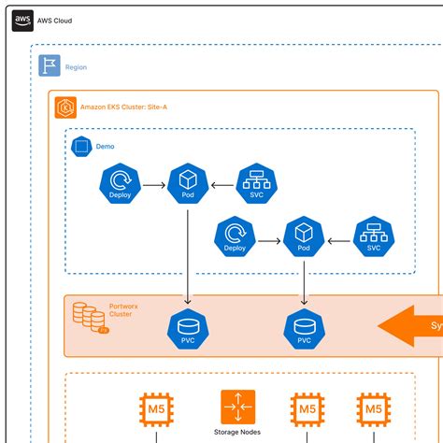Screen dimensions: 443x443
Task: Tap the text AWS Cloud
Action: coord(57,20)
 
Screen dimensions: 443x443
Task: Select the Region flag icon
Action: coord(50,66)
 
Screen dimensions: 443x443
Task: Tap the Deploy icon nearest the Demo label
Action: coord(119,185)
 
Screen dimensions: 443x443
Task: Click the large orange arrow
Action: coord(411,326)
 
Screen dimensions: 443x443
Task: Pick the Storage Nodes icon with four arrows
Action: coord(237,407)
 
